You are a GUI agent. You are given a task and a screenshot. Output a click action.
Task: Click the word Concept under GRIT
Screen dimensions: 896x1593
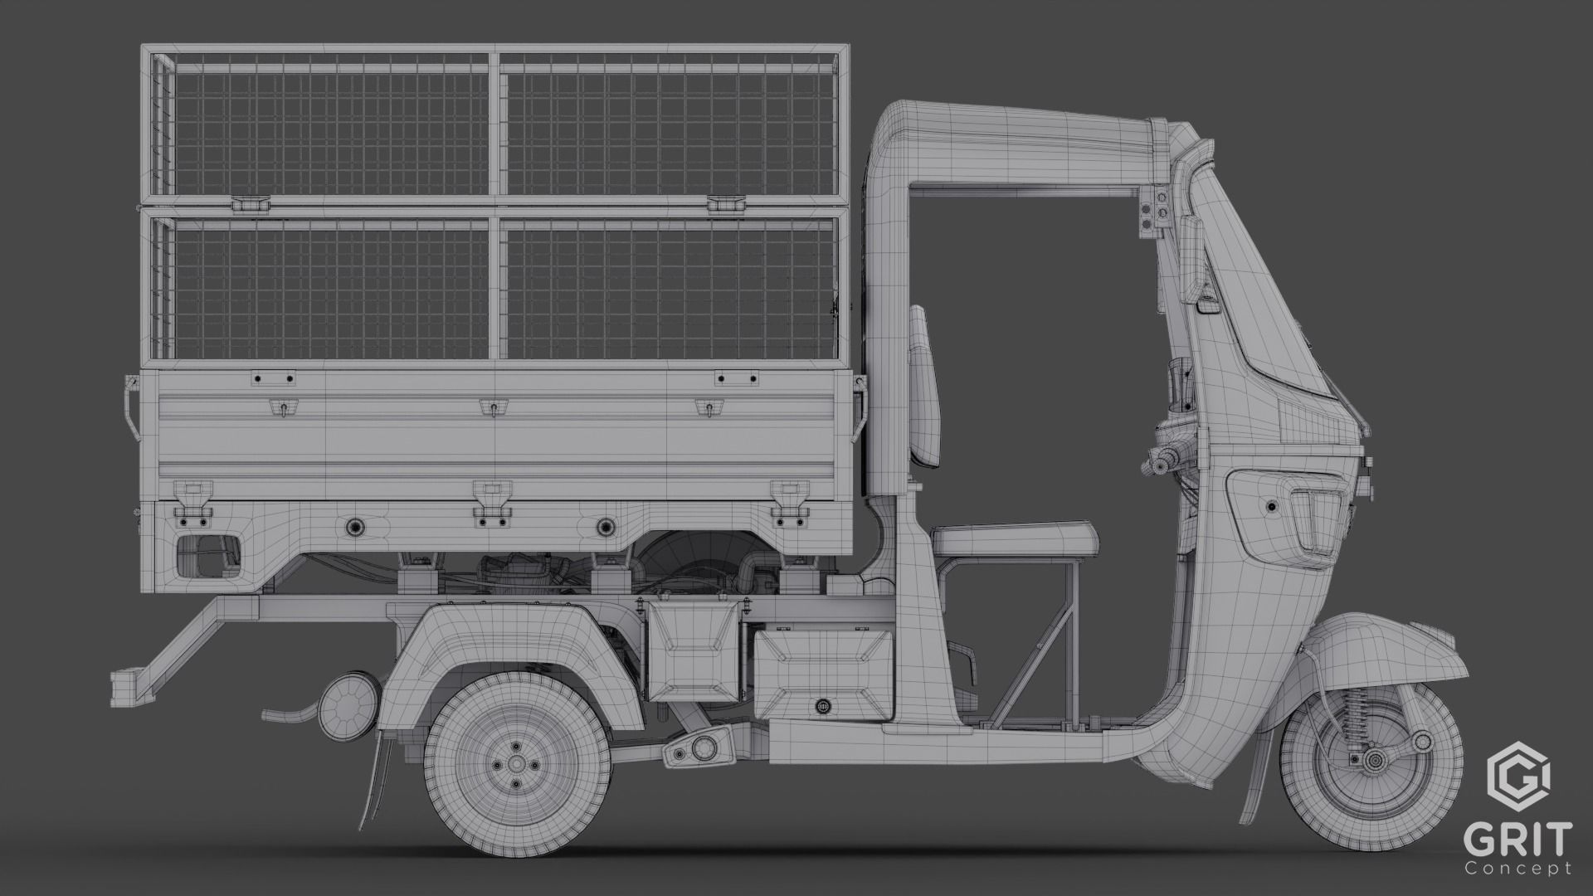click(x=1530, y=868)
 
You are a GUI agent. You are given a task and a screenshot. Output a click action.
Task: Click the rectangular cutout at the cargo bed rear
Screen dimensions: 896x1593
click(x=207, y=555)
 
